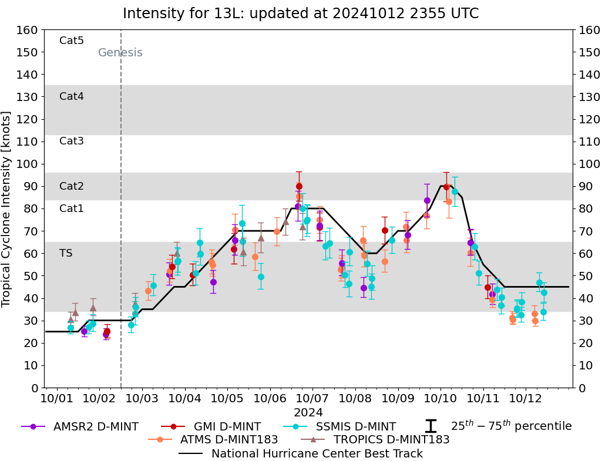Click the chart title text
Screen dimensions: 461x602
[301, 14]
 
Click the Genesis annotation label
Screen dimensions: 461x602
[120, 53]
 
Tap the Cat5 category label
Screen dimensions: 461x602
[72, 41]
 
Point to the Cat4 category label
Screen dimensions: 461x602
[72, 96]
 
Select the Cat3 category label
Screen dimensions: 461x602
[72, 141]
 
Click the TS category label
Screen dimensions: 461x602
[66, 253]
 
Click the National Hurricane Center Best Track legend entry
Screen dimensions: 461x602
[317, 453]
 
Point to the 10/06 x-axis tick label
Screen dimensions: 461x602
[270, 399]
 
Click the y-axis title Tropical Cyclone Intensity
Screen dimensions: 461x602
[7, 208]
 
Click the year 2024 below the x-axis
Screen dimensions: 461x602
[308, 412]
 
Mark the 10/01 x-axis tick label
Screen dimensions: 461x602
[57, 399]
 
